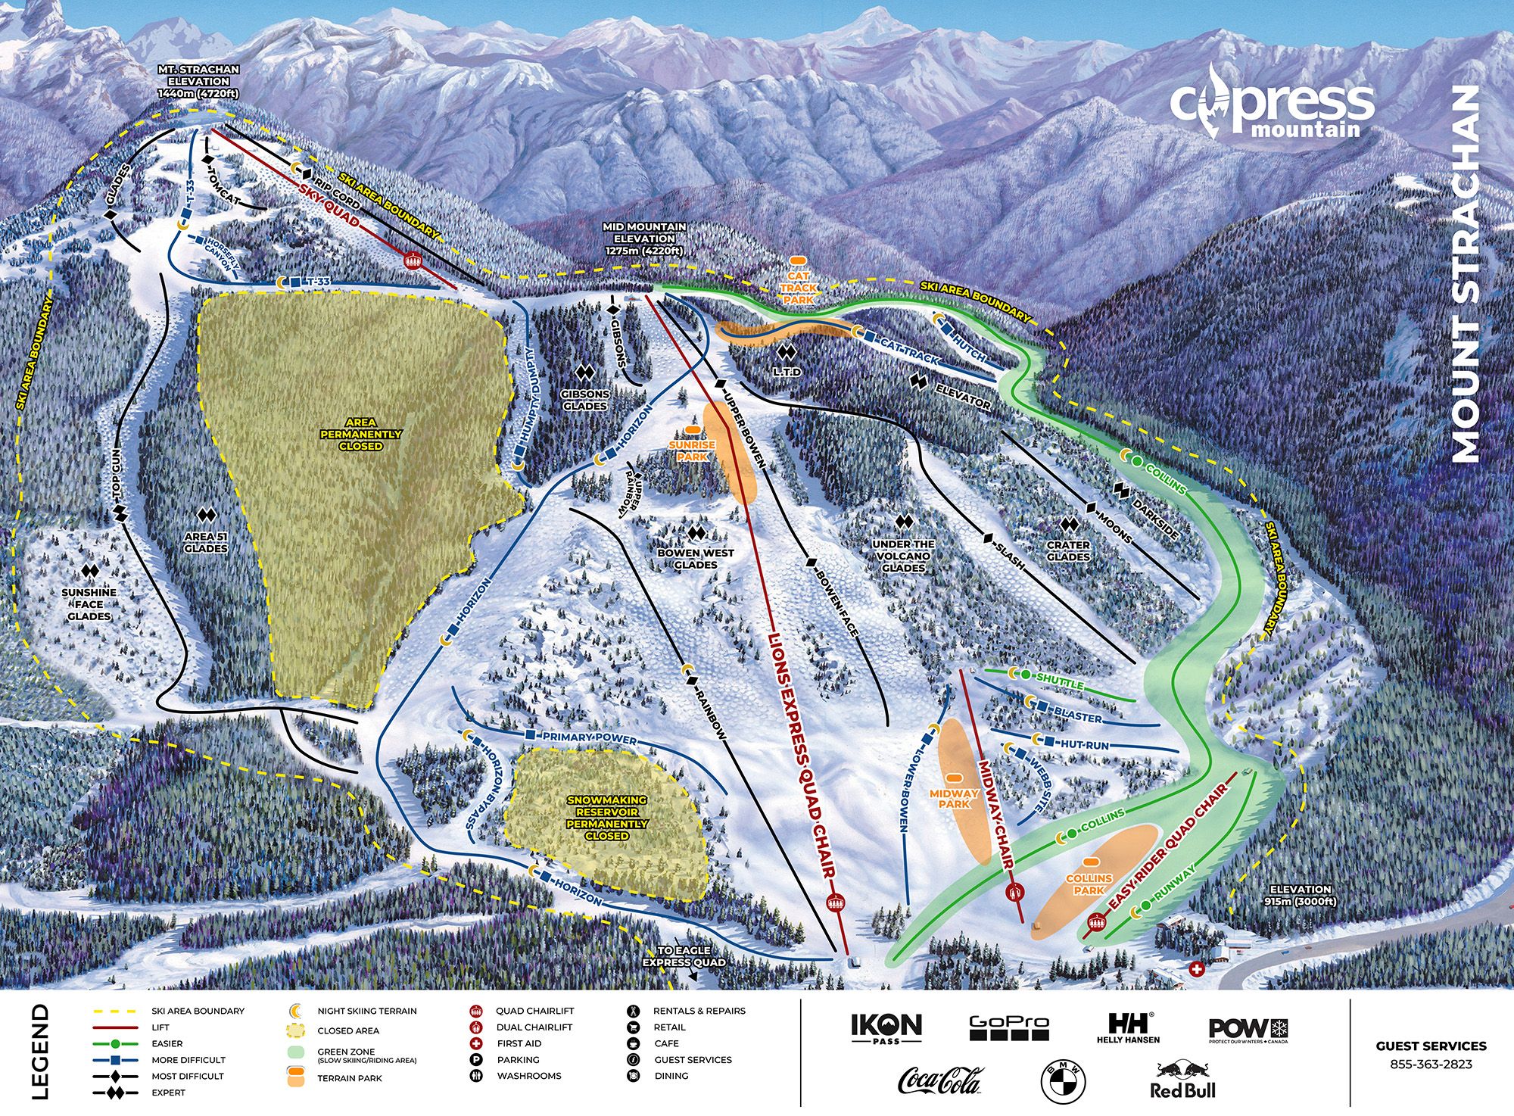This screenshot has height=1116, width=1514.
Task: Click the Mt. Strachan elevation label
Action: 198,81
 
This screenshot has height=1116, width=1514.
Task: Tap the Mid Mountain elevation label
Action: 644,238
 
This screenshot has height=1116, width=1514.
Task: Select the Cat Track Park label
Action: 799,288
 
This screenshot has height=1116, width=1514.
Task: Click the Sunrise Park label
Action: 691,450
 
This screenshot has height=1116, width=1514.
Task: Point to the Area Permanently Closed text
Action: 360,435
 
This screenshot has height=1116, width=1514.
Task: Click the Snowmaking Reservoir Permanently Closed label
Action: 607,818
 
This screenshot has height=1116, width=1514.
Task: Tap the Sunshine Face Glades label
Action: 89,604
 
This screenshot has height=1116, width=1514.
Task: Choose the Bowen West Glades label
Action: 695,559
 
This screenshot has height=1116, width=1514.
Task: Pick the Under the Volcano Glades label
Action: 903,556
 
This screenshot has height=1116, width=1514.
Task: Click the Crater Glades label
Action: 1068,550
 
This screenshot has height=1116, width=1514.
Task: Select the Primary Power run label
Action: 590,737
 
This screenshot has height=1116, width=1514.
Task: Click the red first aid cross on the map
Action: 1197,969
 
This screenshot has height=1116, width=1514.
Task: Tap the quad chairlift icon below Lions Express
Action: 836,902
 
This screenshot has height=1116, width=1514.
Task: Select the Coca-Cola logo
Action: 940,1080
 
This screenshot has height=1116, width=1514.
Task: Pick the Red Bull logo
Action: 1182,1080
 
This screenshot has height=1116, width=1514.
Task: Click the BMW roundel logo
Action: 1063,1081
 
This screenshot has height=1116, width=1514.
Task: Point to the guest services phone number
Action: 1431,1064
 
